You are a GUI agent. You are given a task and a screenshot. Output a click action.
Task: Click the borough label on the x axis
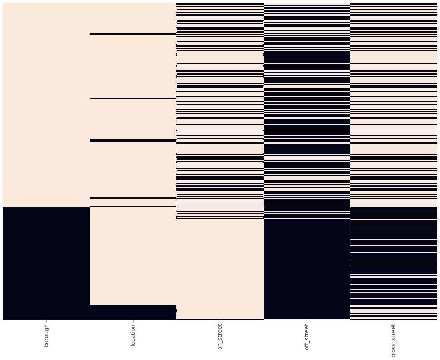[x=46, y=335]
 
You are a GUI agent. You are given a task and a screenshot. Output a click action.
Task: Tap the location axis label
[x=133, y=335]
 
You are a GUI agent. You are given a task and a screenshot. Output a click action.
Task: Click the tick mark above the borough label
[x=46, y=322]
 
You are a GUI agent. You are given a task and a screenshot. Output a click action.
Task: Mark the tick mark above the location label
[x=133, y=322]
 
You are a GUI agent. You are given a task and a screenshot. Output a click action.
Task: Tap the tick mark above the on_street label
[x=220, y=322]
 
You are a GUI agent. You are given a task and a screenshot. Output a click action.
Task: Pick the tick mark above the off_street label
[x=307, y=322]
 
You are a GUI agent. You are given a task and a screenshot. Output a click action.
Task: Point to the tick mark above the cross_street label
[x=394, y=322]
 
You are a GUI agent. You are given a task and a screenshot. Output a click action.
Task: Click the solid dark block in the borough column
[x=46, y=263]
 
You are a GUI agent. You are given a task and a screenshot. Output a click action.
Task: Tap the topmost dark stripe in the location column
[x=133, y=34]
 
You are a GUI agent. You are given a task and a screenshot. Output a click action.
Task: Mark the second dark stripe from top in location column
[x=133, y=98]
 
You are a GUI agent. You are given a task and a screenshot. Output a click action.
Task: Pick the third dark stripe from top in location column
[x=133, y=141]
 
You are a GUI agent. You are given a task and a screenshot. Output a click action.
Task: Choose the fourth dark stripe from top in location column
[x=133, y=198]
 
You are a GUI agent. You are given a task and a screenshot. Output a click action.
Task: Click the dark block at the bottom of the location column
[x=133, y=312]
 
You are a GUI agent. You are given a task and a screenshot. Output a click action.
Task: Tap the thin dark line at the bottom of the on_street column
[x=220, y=319]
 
